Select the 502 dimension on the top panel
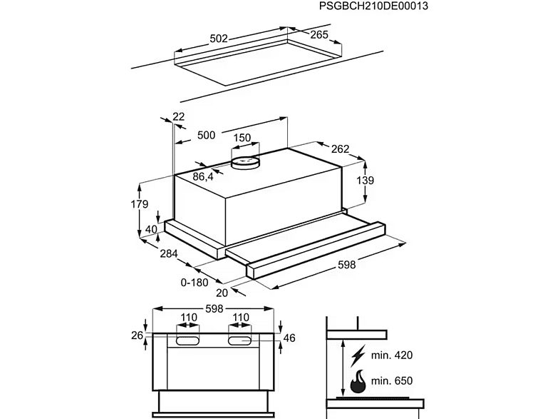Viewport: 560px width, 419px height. pyautogui.click(x=219, y=39)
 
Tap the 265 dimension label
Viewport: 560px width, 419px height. pyautogui.click(x=318, y=34)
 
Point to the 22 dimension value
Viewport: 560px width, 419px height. pyautogui.click(x=178, y=117)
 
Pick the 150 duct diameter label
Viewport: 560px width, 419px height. pyautogui.click(x=242, y=138)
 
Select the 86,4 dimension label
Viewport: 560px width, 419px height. pyautogui.click(x=204, y=176)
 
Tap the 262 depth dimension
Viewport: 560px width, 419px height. pyautogui.click(x=340, y=149)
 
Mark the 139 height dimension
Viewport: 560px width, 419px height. pyautogui.click(x=364, y=181)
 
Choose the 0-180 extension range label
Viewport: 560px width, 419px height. pyautogui.click(x=195, y=282)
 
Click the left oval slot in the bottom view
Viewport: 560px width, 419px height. pyautogui.click(x=188, y=342)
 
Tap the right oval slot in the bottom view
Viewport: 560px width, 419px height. pyautogui.click(x=241, y=342)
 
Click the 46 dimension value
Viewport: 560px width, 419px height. pyautogui.click(x=289, y=338)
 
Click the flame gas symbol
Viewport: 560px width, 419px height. pyautogui.click(x=357, y=381)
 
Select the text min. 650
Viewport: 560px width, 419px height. pyautogui.click(x=393, y=380)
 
